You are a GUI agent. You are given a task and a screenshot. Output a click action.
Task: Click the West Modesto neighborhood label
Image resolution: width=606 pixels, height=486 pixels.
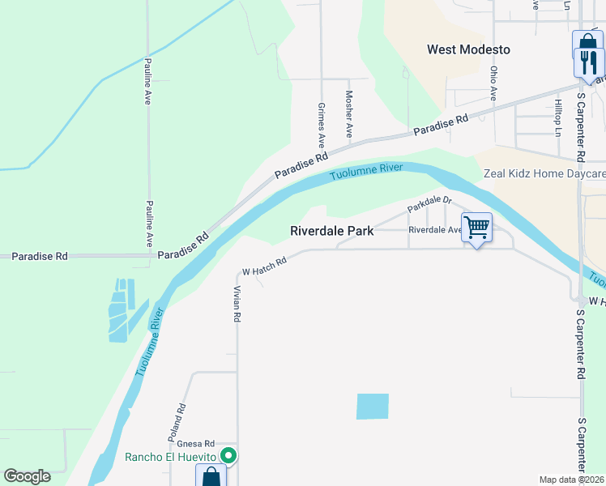pos(468,49)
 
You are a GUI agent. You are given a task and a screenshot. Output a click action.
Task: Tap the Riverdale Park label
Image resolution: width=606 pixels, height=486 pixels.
pos(332,231)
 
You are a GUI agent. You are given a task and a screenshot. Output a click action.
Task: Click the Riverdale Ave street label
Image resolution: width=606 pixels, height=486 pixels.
pos(435,230)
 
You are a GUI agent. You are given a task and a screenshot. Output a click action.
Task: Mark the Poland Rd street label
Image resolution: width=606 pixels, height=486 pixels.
pos(177,422)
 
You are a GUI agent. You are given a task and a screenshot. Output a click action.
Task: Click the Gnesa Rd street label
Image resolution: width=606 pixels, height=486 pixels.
pos(198,444)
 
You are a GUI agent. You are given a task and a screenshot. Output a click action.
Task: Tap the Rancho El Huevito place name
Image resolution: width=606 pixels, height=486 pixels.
pos(173,457)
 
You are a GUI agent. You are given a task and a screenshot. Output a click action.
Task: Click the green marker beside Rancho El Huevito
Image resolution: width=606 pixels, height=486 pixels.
pos(229,456)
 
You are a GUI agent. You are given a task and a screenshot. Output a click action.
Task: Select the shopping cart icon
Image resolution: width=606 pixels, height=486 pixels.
pos(476,228)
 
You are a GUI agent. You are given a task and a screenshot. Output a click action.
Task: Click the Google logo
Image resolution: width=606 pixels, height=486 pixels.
pos(28,476)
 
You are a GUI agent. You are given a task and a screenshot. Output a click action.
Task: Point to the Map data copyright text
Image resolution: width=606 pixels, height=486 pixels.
pos(572,480)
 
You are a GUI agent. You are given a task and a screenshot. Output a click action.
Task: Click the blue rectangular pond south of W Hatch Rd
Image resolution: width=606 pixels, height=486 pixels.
pos(373,407)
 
